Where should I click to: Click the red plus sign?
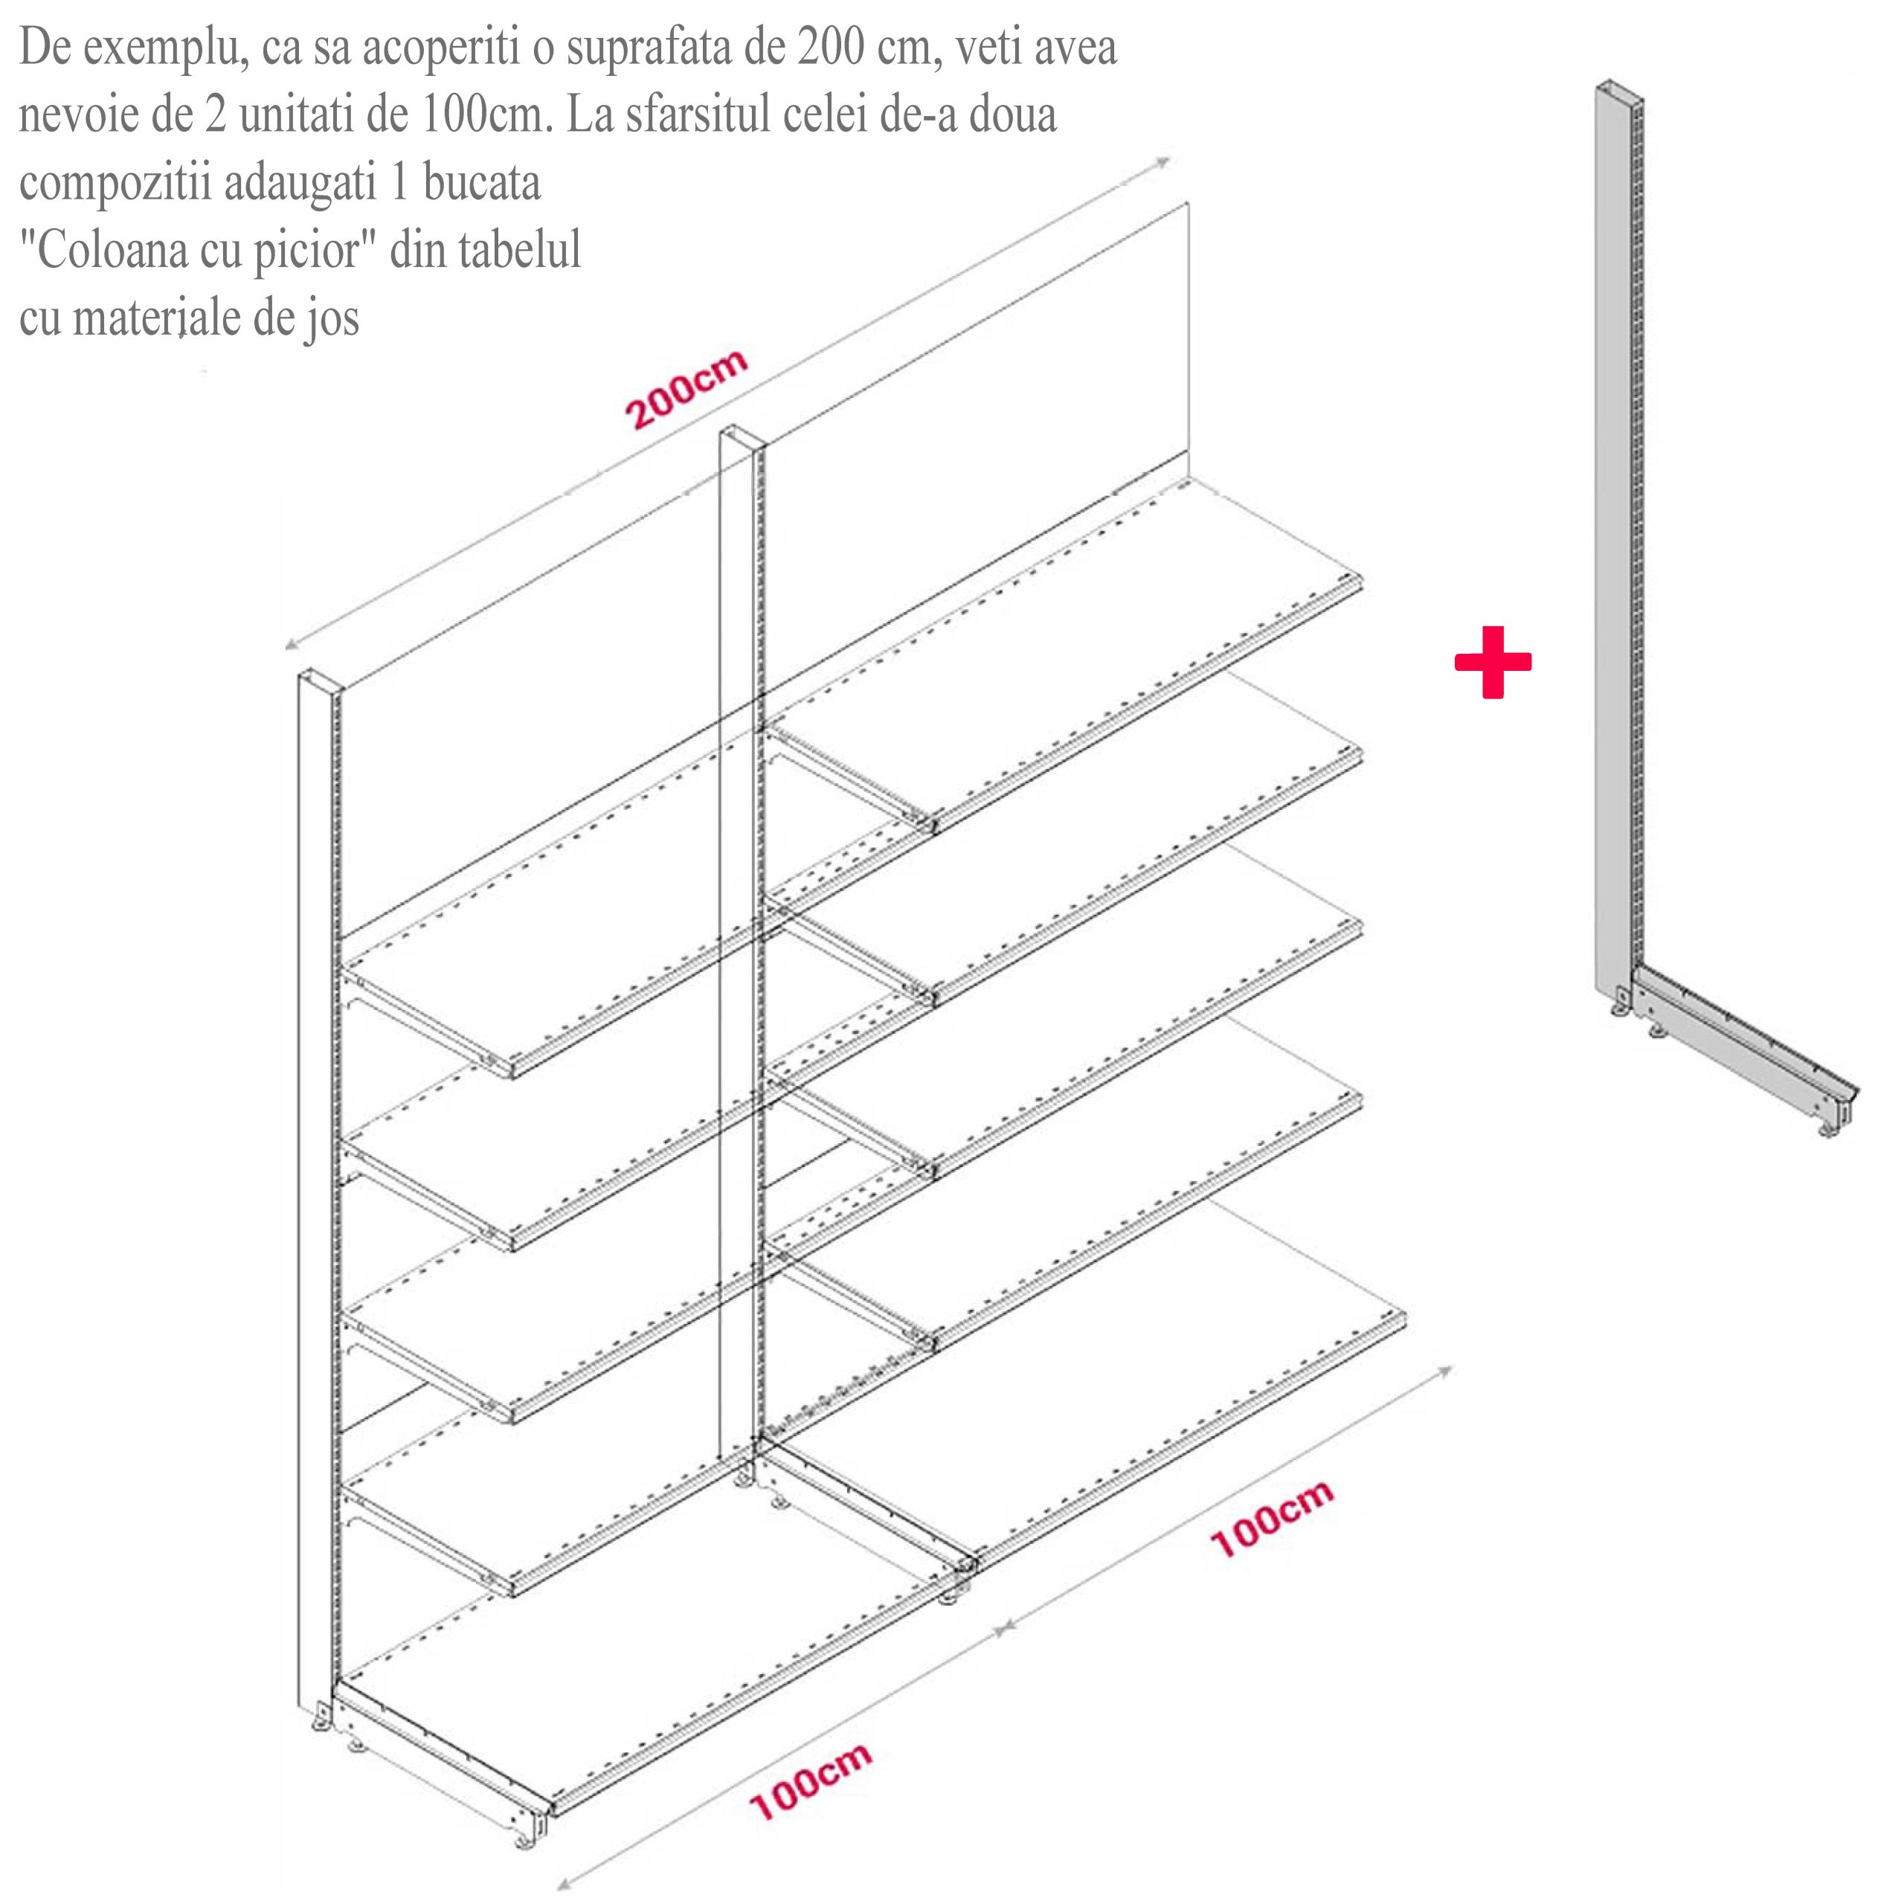click(1493, 662)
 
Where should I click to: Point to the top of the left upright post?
click(318, 680)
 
